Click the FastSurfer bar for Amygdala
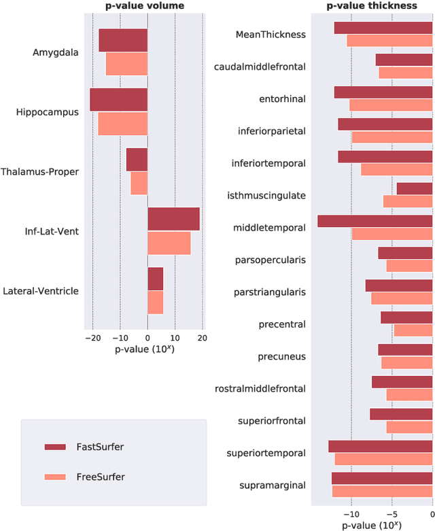(x=123, y=40)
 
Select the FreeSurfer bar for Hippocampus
(x=122, y=124)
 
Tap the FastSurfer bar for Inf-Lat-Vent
(x=173, y=219)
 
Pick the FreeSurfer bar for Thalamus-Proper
(x=139, y=184)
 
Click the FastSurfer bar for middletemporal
(x=375, y=221)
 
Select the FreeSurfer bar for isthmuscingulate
(x=408, y=201)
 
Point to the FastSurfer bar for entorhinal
(x=383, y=92)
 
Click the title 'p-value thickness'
(x=371, y=6)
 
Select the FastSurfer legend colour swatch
(x=65, y=447)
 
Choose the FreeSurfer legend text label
(x=101, y=477)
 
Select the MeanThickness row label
(x=271, y=34)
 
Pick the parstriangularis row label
(x=270, y=292)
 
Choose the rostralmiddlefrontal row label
(x=260, y=388)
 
